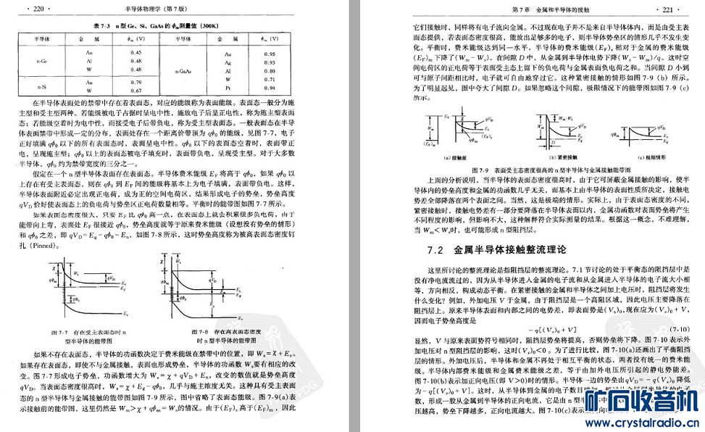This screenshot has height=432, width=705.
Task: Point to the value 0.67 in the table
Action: point(135,91)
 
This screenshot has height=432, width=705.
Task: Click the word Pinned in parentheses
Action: point(50,246)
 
